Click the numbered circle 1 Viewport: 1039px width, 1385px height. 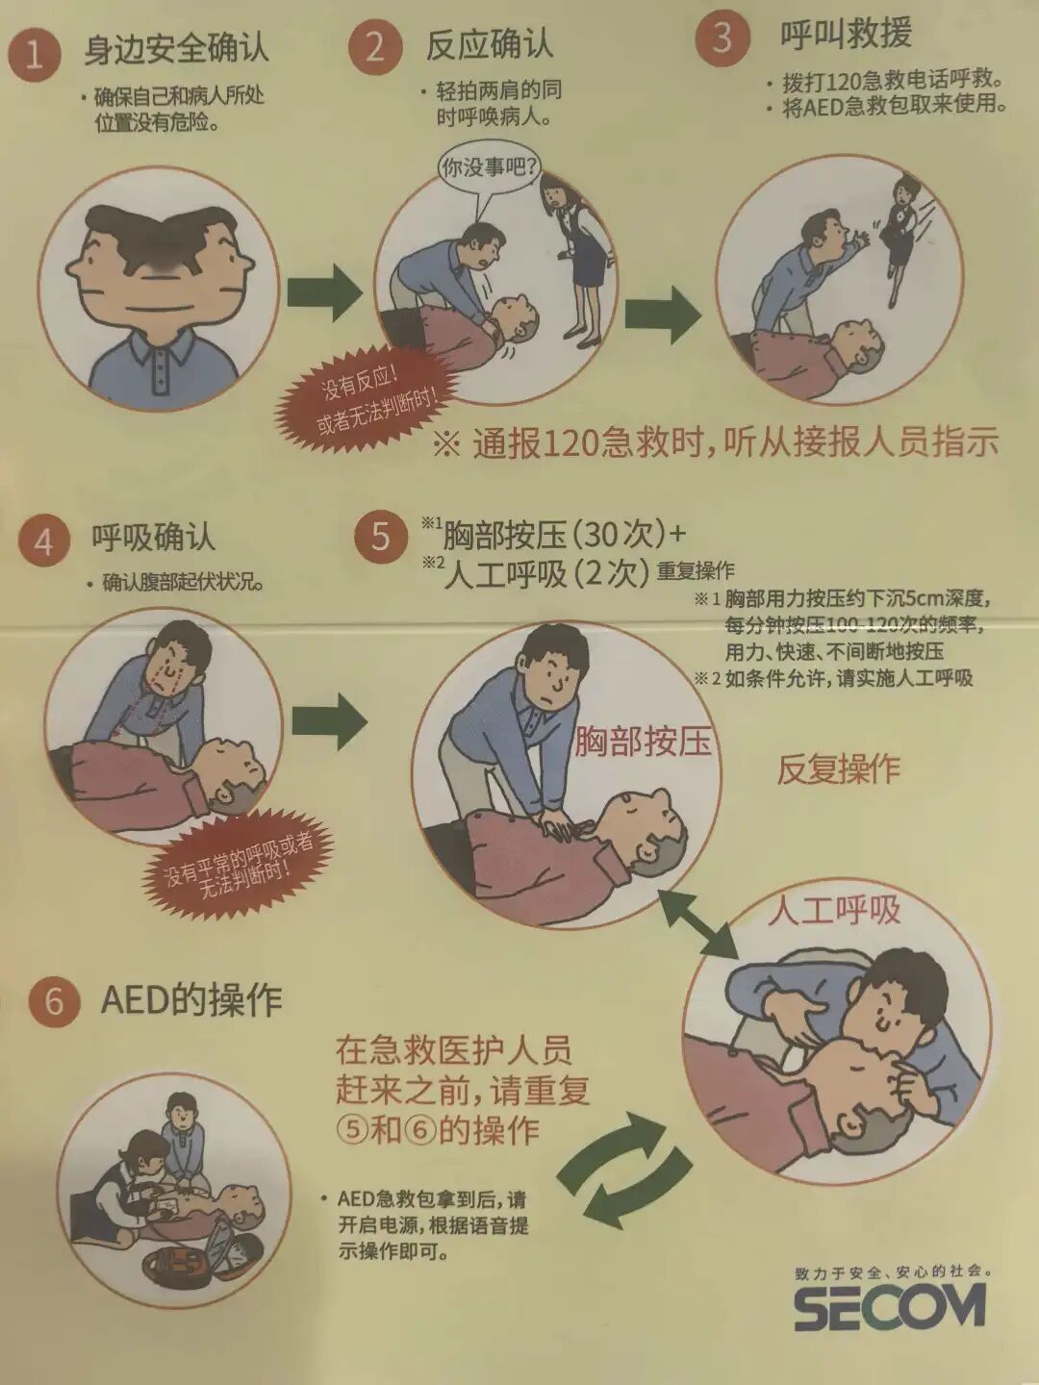click(34, 53)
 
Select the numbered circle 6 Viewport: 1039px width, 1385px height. click(55, 1001)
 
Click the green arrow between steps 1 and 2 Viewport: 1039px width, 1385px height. click(324, 291)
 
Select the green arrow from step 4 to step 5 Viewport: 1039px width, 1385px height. click(328, 721)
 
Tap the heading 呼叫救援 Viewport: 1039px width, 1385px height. click(847, 33)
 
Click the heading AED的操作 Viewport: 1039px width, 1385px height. click(191, 1000)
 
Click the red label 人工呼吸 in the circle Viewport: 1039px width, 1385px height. click(833, 911)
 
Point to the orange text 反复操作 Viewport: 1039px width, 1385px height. click(838, 768)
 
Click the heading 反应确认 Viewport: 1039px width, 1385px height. click(490, 44)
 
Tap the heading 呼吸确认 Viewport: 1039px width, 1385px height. click(154, 538)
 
